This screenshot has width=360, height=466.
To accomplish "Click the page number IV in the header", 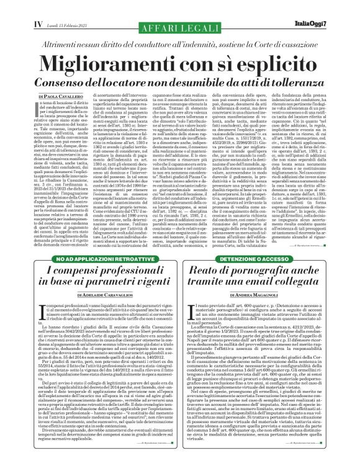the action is coord(20,7).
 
